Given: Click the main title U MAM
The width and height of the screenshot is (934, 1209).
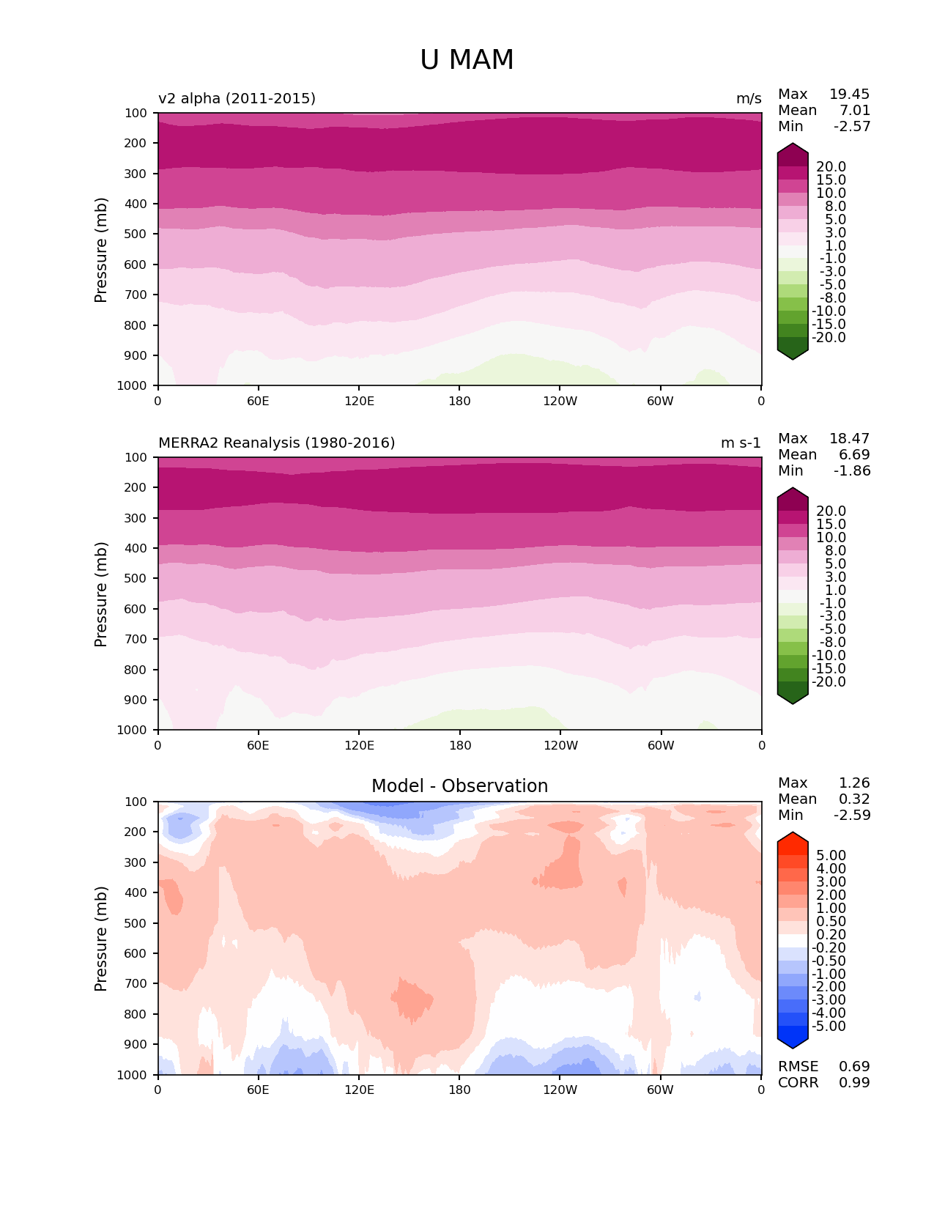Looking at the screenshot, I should pyautogui.click(x=467, y=60).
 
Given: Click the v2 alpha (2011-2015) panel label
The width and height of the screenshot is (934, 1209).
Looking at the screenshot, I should pyautogui.click(x=237, y=98).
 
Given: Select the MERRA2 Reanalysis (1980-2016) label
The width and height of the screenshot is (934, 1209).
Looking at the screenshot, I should pyautogui.click(x=276, y=443).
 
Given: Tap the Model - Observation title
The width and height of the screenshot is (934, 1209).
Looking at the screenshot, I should pyautogui.click(x=459, y=786).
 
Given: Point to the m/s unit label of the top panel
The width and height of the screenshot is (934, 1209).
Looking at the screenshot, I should pyautogui.click(x=749, y=98).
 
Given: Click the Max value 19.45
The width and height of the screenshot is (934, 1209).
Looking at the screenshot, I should pyautogui.click(x=849, y=94).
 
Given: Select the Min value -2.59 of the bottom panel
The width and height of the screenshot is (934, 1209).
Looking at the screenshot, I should pyautogui.click(x=852, y=815).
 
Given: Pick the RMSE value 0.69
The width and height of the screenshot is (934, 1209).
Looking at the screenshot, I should pyautogui.click(x=854, y=1066).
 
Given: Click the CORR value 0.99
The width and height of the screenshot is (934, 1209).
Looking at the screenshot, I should pyautogui.click(x=854, y=1082).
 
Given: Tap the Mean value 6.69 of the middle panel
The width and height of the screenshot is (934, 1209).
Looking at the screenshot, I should pyautogui.click(x=854, y=454).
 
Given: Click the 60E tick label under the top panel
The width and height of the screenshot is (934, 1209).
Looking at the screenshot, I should pyautogui.click(x=258, y=401).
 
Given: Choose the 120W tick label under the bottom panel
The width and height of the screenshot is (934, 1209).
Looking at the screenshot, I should pyautogui.click(x=560, y=1090).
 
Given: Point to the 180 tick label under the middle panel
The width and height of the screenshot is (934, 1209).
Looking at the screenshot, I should pyautogui.click(x=459, y=745).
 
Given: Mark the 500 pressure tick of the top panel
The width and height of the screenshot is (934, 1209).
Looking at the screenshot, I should pyautogui.click(x=136, y=234).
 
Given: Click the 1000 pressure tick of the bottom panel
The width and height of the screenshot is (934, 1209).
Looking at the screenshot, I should pyautogui.click(x=132, y=1075).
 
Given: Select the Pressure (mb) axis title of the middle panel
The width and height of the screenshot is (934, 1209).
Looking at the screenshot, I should pyautogui.click(x=101, y=594).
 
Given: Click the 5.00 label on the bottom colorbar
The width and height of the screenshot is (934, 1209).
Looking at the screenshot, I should pyautogui.click(x=831, y=855).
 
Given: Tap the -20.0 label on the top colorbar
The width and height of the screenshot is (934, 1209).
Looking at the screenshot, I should pyautogui.click(x=831, y=337).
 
